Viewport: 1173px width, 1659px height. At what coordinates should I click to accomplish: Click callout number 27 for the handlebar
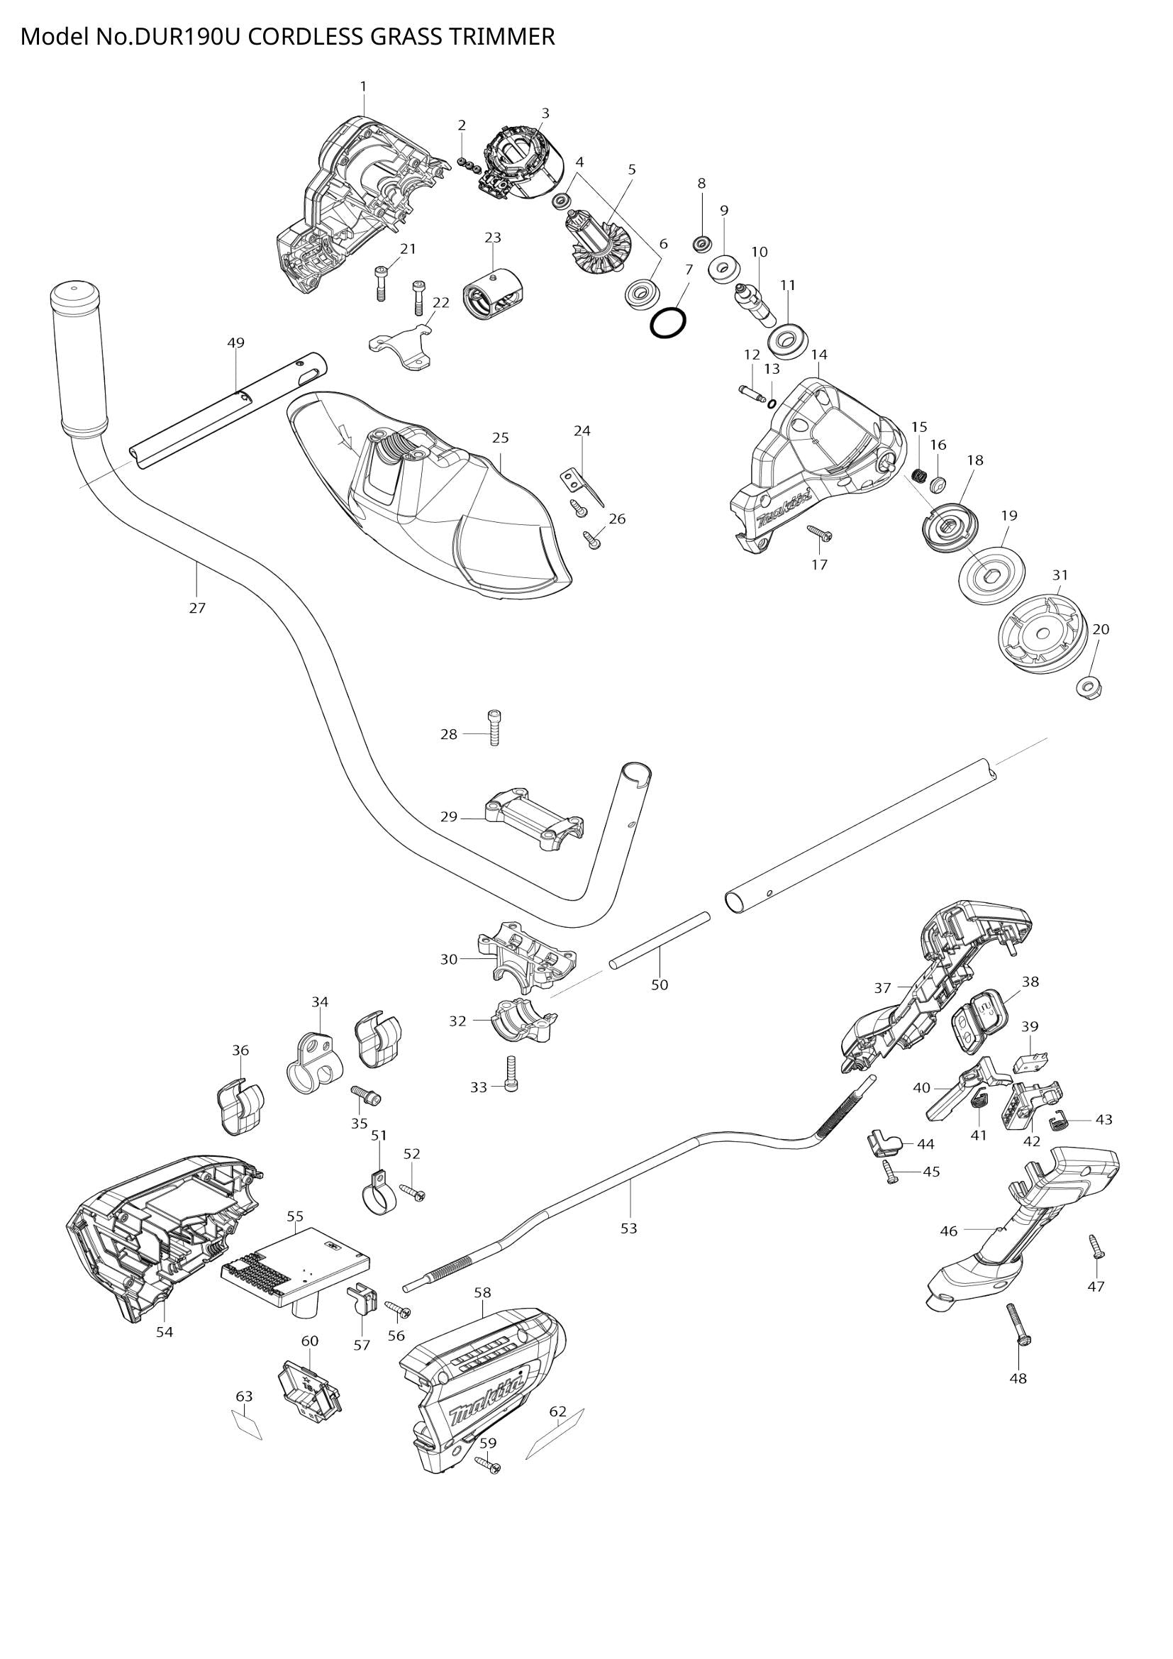[197, 608]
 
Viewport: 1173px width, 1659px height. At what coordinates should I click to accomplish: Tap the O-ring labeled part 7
[667, 322]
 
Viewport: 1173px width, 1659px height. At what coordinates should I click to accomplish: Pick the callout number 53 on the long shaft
[628, 1228]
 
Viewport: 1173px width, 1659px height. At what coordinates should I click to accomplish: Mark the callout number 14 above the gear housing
[819, 355]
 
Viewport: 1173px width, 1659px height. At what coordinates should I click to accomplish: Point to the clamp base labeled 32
[523, 1021]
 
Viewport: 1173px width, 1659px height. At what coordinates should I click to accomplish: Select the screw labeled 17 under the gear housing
[821, 534]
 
